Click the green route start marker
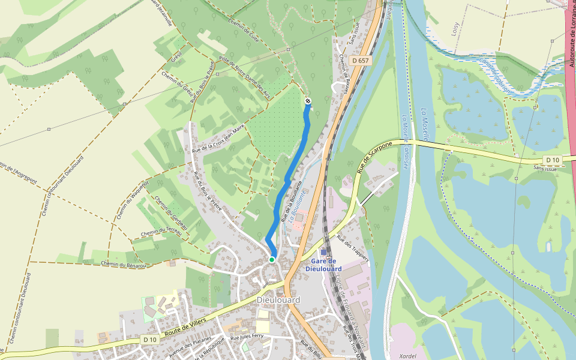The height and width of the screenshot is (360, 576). point(272,260)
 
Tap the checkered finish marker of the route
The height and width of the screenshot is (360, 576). point(308,101)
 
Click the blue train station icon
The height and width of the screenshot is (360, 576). point(323,253)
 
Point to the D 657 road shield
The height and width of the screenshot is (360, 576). point(361,61)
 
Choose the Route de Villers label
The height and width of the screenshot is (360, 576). point(187,328)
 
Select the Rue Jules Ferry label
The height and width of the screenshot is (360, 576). point(247,337)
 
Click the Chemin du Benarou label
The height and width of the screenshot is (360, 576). point(124,264)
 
